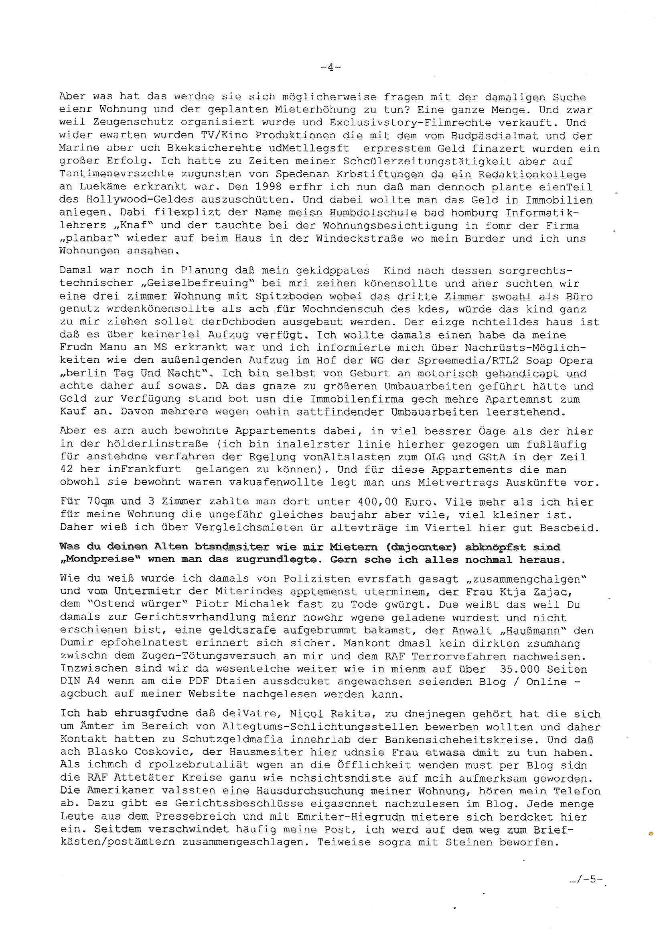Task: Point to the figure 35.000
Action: point(519,669)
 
